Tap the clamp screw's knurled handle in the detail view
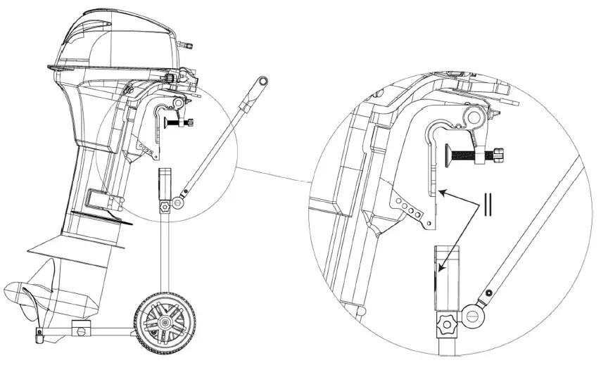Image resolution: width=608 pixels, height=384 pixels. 498,154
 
